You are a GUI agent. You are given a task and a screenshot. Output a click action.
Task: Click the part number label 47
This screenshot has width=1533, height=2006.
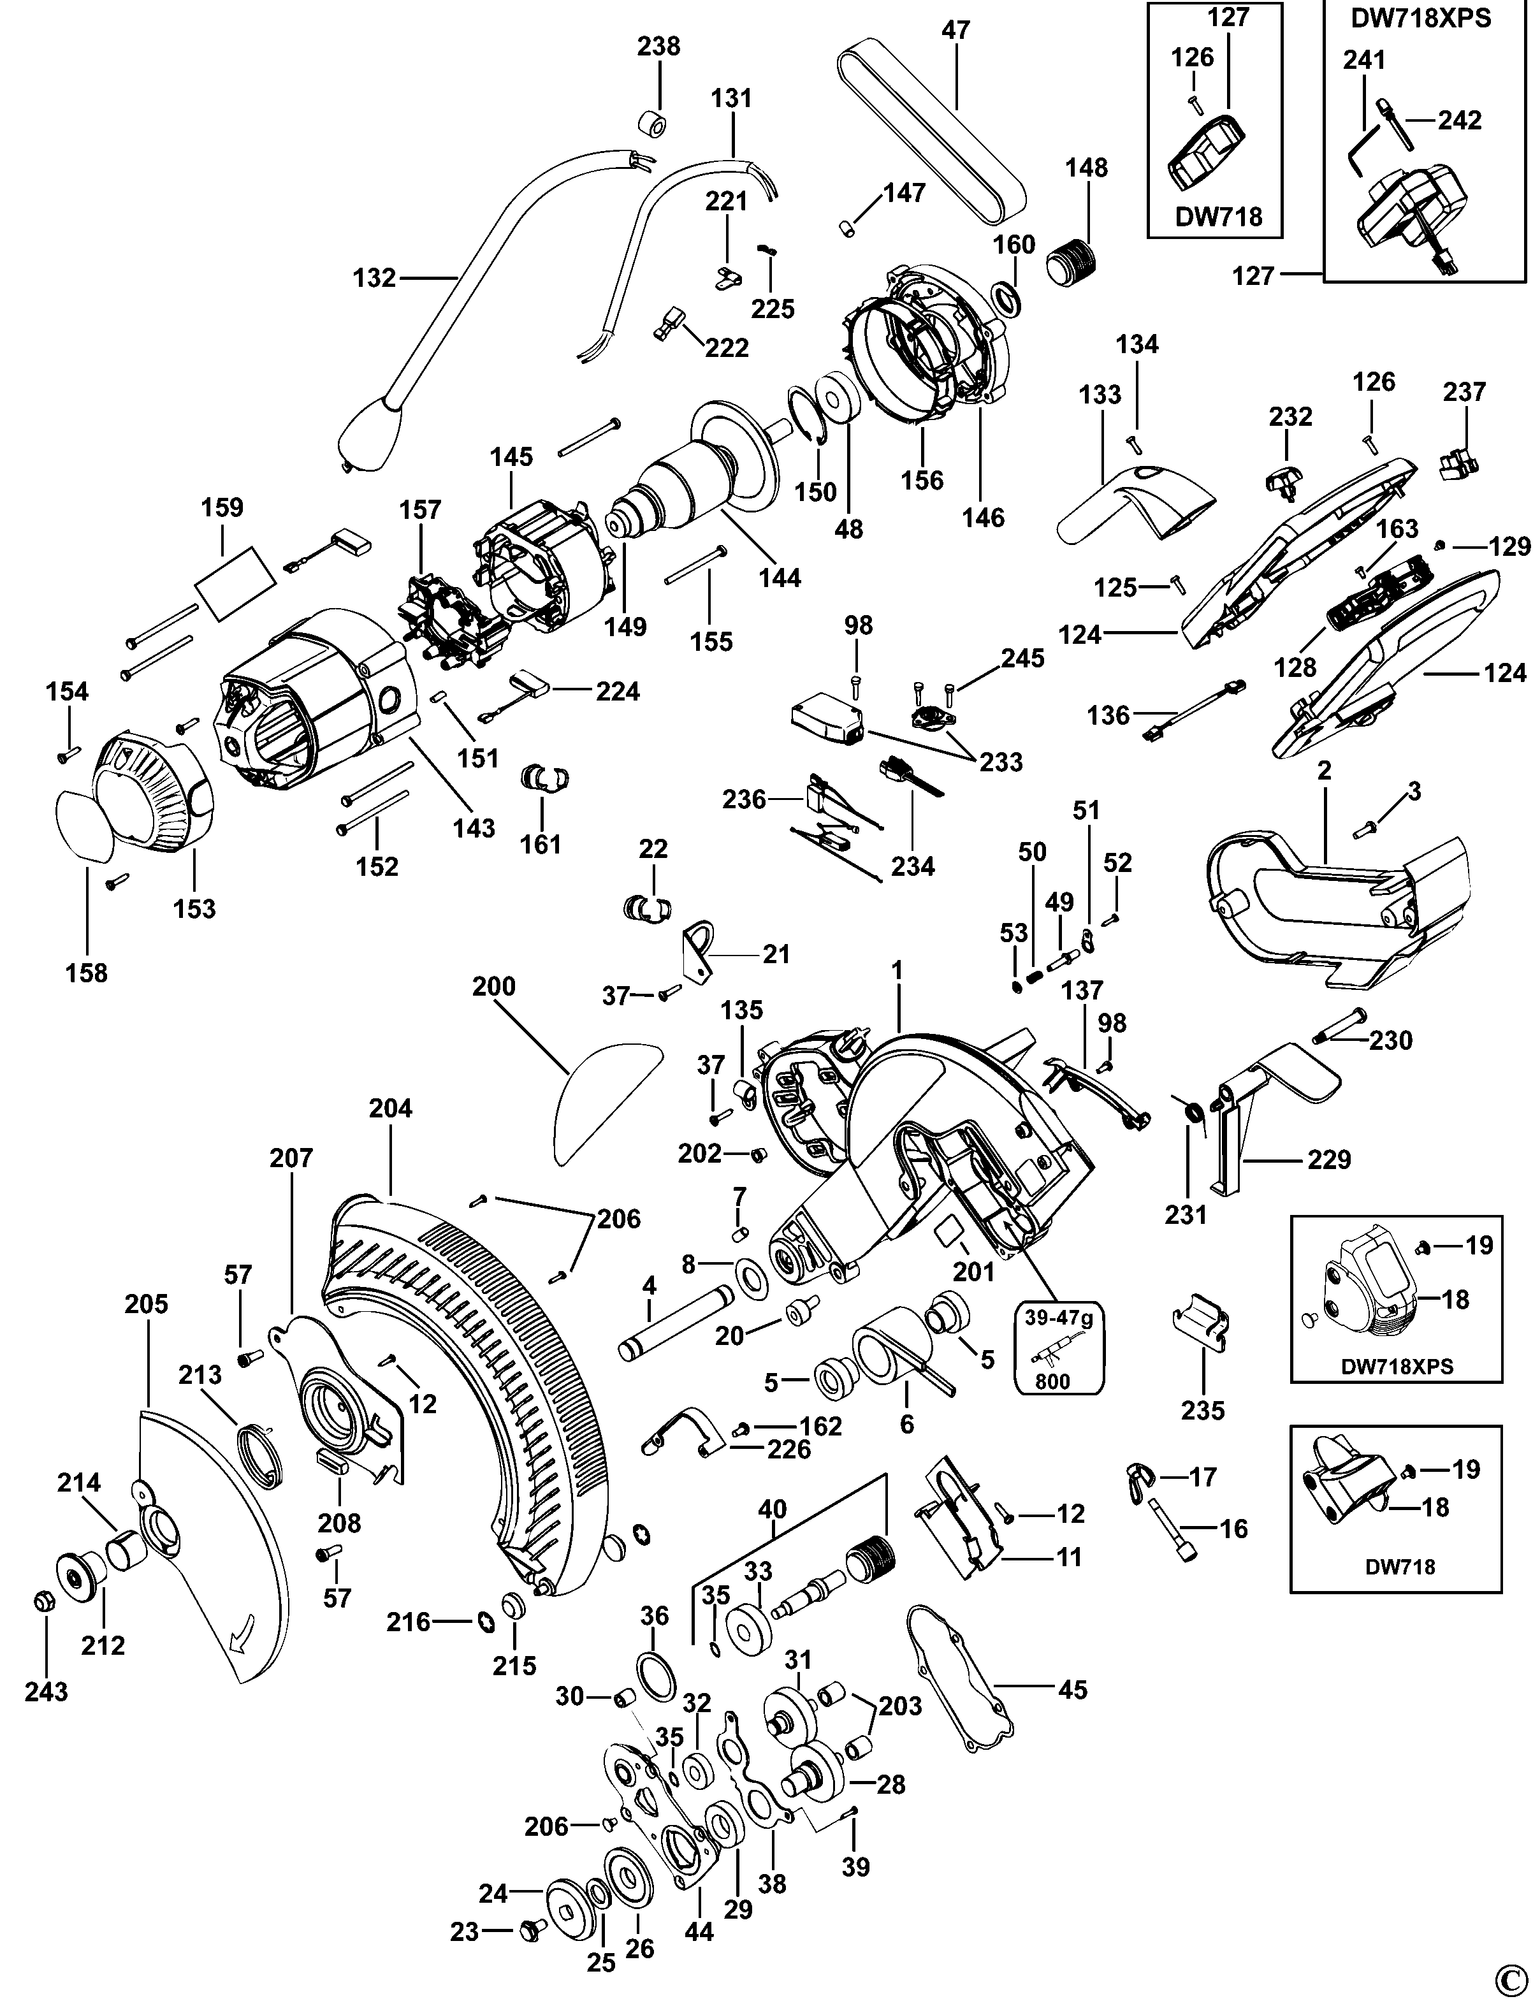coord(955,30)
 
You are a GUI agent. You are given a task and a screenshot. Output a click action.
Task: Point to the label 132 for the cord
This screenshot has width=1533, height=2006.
coord(374,277)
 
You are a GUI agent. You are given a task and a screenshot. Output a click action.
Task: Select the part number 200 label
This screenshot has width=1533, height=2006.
coord(493,987)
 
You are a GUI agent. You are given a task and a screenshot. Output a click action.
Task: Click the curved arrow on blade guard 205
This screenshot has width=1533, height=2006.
coord(243,1641)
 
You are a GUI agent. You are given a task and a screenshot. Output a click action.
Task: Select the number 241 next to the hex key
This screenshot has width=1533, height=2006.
coord(1363,60)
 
